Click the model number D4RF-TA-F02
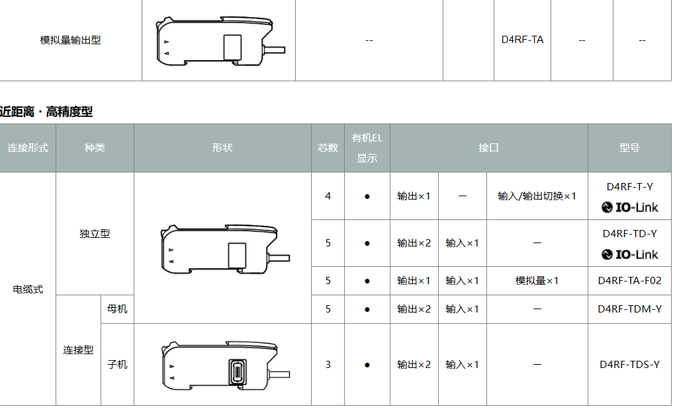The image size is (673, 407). point(629,281)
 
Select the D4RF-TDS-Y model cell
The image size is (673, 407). point(629,365)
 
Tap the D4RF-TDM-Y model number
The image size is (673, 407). point(629,309)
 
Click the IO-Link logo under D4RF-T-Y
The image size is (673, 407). point(629,207)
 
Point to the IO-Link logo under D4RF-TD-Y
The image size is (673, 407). point(629,254)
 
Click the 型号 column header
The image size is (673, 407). point(629,148)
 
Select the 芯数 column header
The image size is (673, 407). point(328,148)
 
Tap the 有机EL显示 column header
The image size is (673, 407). point(367,148)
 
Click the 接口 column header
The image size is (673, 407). point(489,148)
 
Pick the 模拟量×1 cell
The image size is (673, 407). point(537,281)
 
